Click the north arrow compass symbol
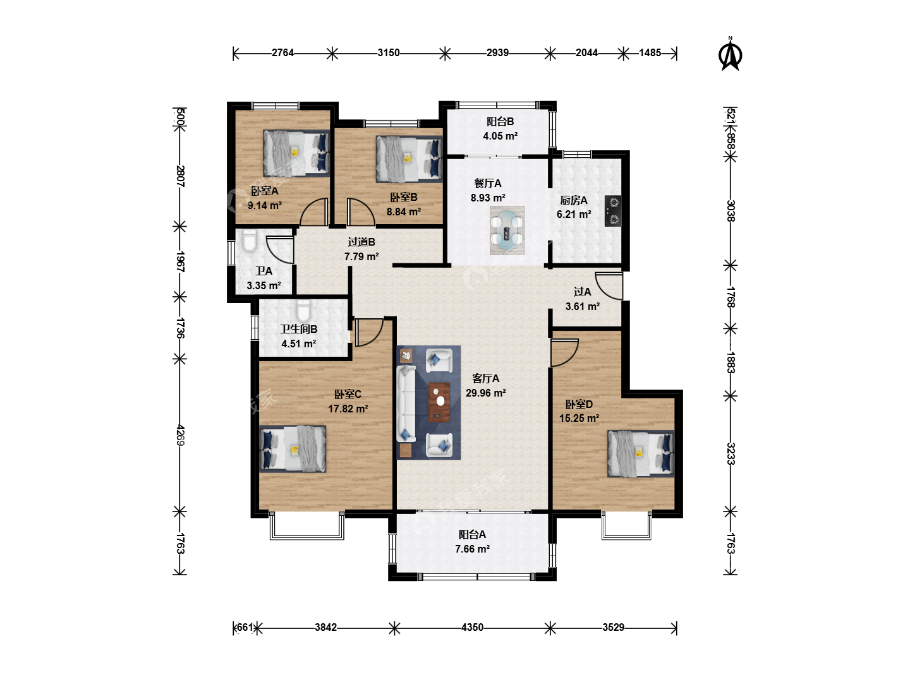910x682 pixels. pyautogui.click(x=730, y=55)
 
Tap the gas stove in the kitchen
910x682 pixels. pyautogui.click(x=613, y=211)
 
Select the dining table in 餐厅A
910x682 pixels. pyautogui.click(x=507, y=230)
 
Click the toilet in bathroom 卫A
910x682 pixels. pyautogui.click(x=249, y=241)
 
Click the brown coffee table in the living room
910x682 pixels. pyautogui.click(x=439, y=402)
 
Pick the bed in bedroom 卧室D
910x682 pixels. pyautogui.click(x=641, y=453)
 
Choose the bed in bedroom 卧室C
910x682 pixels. pyautogui.click(x=293, y=449)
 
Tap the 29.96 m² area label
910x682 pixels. pyautogui.click(x=485, y=393)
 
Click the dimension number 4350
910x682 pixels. pyautogui.click(x=472, y=627)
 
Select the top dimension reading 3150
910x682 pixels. pyautogui.click(x=389, y=52)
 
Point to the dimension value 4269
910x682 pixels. pyautogui.click(x=180, y=435)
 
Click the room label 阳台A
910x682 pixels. pyautogui.click(x=472, y=535)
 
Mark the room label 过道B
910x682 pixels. pyautogui.click(x=361, y=242)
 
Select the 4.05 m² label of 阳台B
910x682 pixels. pyautogui.click(x=500, y=136)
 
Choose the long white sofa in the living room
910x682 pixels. pyautogui.click(x=406, y=403)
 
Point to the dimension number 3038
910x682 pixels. pyautogui.click(x=731, y=211)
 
